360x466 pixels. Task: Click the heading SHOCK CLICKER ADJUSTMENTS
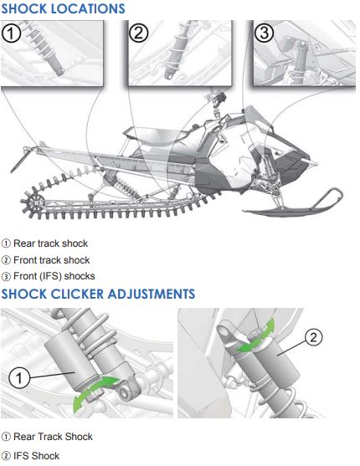pyautogui.click(x=98, y=294)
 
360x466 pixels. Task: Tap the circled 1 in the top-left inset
pyautogui.click(x=13, y=34)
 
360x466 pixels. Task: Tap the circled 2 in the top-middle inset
pyautogui.click(x=140, y=34)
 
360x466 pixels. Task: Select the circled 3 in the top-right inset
pyautogui.click(x=265, y=34)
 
